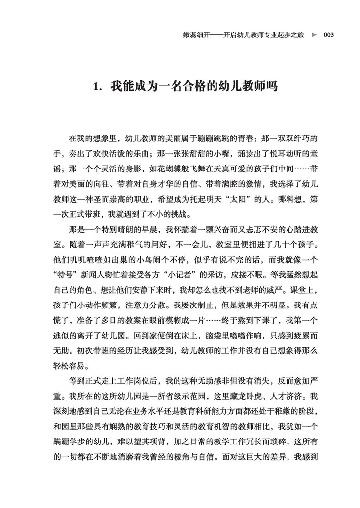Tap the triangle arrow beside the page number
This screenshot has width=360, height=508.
(x=314, y=35)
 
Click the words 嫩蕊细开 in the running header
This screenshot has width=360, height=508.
(x=196, y=35)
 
